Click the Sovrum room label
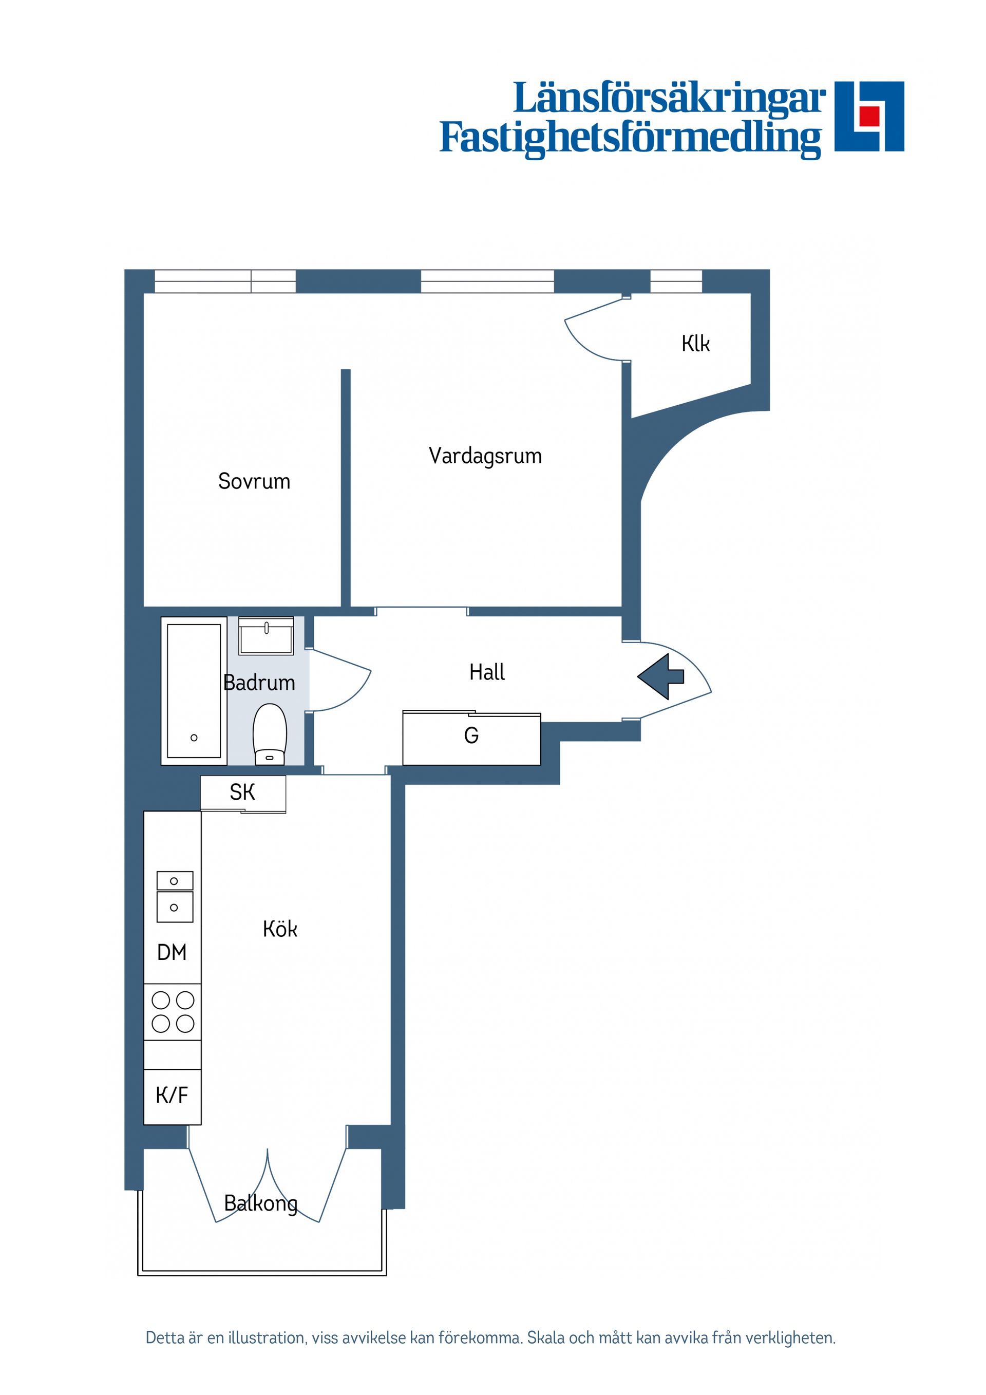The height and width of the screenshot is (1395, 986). [x=254, y=481]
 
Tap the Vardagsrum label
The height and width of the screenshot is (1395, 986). [x=485, y=456]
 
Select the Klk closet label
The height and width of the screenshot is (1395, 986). [x=696, y=344]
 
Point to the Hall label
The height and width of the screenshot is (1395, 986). [x=487, y=672]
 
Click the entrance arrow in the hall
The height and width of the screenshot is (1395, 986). [x=660, y=677]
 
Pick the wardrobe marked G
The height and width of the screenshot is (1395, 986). [x=471, y=738]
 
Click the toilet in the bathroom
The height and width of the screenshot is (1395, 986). [x=270, y=734]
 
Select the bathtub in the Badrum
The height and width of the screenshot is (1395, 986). [x=194, y=691]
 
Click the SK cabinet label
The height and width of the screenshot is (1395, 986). [x=242, y=793]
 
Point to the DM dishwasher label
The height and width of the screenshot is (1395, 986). [x=172, y=953]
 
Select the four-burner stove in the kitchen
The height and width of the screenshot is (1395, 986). [x=173, y=1012]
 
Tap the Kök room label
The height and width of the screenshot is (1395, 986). [x=280, y=929]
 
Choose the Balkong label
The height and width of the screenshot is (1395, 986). [x=261, y=1203]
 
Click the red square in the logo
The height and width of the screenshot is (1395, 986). [x=869, y=115]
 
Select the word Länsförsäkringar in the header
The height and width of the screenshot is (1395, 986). [x=670, y=99]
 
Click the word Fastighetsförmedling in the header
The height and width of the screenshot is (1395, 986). [x=631, y=139]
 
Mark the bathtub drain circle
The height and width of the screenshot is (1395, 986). [x=194, y=738]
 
